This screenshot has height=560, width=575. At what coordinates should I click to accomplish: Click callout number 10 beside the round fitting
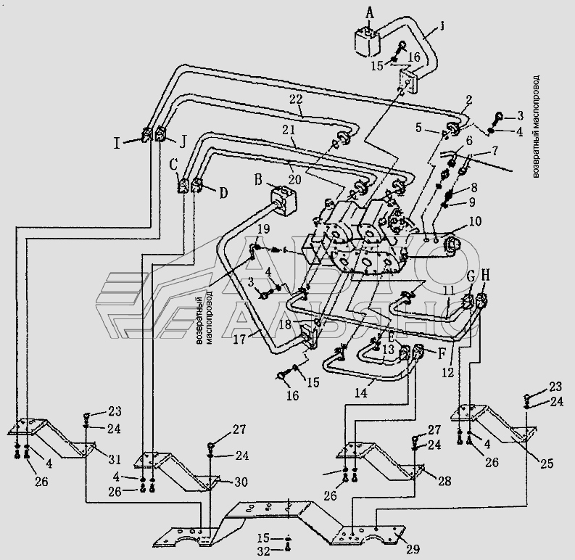pyautogui.click(x=474, y=221)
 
